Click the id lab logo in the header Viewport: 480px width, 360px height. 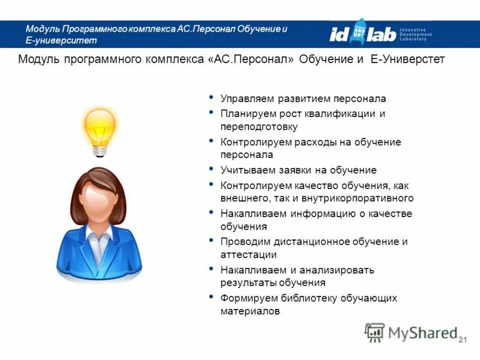[x=363, y=34]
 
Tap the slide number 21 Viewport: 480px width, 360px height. [x=462, y=341]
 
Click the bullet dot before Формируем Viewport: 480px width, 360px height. [x=211, y=297]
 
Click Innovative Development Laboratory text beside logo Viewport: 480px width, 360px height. [x=416, y=34]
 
